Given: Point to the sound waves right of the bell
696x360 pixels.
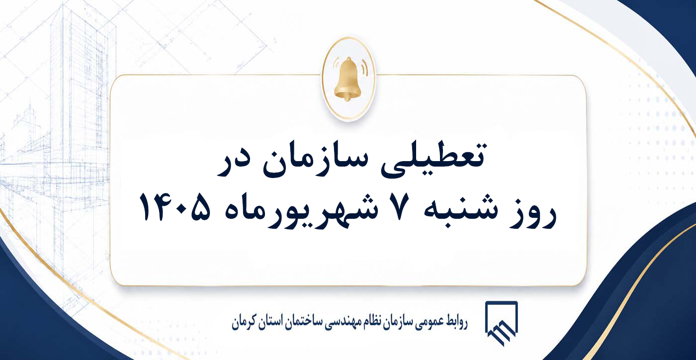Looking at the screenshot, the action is click(363, 67).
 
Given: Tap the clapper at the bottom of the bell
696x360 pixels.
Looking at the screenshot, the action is click(348, 98).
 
